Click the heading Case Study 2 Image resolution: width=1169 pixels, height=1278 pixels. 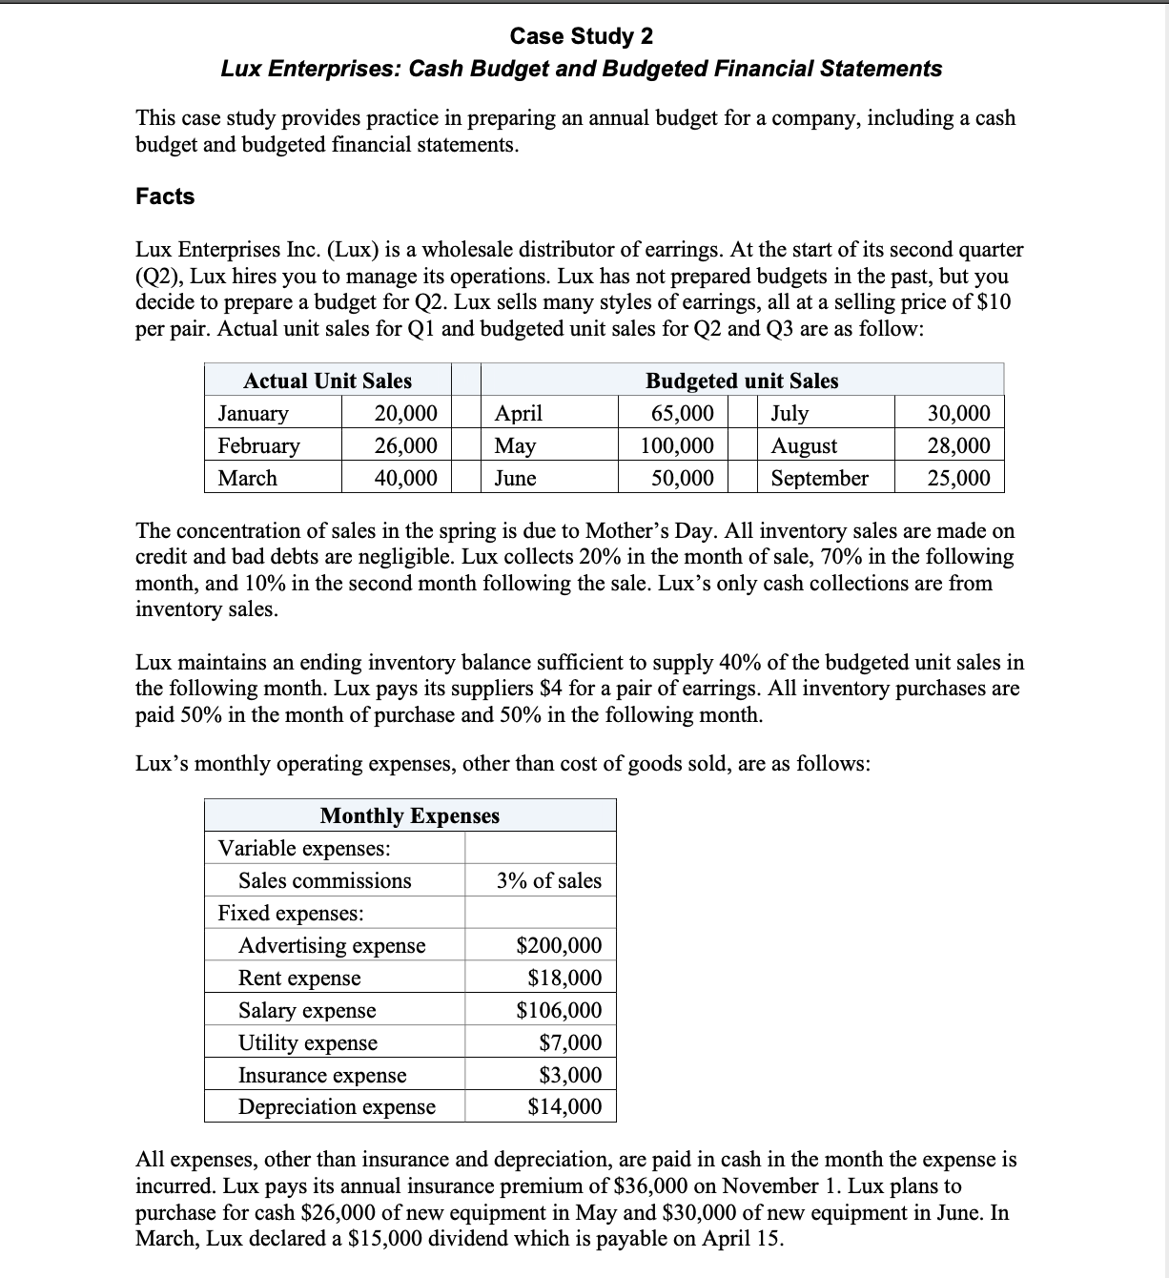point(582,36)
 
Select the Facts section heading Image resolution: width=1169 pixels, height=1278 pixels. point(165,196)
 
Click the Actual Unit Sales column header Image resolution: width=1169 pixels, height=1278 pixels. point(327,381)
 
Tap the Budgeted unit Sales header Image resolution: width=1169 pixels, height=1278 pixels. point(742,381)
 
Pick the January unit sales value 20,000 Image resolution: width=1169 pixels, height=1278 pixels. point(405,413)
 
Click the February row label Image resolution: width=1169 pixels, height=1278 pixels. point(258,445)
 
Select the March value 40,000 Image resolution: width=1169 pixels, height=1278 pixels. point(405,478)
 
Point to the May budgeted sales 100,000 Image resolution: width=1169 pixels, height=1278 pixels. point(677,445)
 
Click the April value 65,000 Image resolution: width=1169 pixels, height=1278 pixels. point(682,413)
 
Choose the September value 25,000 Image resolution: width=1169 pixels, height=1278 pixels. point(958,478)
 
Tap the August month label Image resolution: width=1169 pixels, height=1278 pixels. point(804,445)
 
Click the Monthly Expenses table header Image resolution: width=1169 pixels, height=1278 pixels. point(410,815)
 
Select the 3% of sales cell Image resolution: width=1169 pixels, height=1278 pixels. point(549,880)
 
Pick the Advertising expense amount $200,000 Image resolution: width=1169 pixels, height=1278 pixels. point(559,945)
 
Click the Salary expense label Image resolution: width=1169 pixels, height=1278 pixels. point(307,1010)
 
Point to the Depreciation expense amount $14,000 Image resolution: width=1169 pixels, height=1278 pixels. point(564,1106)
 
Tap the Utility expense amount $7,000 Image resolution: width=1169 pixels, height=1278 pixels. point(570,1042)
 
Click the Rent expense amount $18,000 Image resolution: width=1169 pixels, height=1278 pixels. point(564,978)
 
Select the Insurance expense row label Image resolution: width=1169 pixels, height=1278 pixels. point(322,1075)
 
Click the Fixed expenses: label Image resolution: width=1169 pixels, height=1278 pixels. point(291,913)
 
